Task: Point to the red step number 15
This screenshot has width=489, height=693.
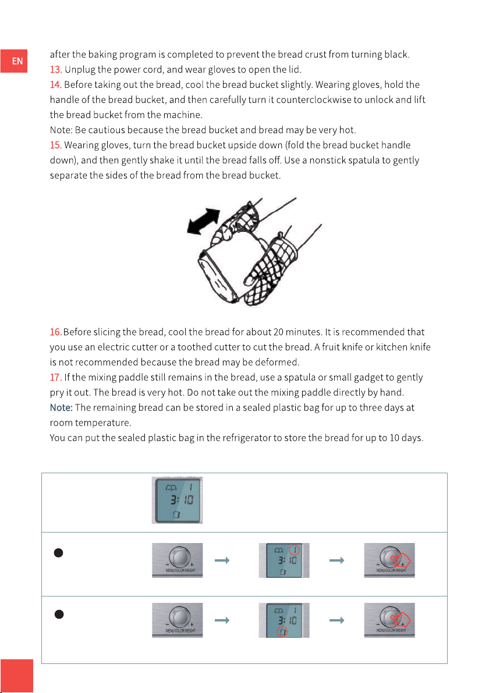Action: tap(56, 145)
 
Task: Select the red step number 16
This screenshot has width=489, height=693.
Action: tap(56, 332)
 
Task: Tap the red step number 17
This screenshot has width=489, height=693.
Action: tap(56, 377)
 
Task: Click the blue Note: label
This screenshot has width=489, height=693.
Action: tap(61, 408)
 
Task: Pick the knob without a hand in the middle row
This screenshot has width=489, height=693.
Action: tap(177, 560)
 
